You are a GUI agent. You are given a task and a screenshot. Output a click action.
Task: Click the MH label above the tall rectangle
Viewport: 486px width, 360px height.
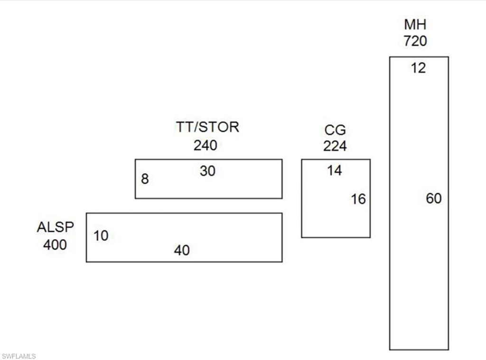pos(415,25)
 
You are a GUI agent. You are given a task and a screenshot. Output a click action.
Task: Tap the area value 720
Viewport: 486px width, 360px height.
pos(415,41)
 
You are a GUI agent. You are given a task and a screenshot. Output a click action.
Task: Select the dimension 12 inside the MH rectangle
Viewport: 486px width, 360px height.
pos(418,68)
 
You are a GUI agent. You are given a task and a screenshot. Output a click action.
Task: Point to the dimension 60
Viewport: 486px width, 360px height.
pos(434,198)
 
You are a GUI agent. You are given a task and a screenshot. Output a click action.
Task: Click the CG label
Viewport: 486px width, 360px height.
pos(335,130)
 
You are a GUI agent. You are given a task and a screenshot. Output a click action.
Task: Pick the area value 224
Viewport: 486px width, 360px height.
pos(335,146)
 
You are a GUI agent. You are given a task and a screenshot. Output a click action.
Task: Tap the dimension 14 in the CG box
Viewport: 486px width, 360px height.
pos(335,170)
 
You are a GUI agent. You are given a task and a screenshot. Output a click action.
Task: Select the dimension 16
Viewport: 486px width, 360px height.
pos(358,199)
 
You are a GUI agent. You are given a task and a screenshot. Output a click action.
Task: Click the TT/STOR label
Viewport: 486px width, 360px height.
pos(207,127)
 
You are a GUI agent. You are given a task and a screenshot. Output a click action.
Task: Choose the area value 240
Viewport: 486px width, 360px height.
pos(205,145)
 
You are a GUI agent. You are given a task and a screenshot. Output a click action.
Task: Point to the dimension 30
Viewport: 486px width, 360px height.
pos(207,171)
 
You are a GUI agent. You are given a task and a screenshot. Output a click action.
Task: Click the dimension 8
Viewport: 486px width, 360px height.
pos(145,179)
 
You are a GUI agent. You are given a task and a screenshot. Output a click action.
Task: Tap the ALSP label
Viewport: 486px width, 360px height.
pos(56,227)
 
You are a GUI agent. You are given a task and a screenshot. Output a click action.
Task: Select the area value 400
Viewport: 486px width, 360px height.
pos(55,245)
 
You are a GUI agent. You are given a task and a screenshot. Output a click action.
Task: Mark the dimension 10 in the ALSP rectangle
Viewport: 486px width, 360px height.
pos(101,236)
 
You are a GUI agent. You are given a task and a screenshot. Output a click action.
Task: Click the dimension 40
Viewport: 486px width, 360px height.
pos(182,250)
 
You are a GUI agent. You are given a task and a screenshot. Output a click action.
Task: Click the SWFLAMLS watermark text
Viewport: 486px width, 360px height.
pos(19,356)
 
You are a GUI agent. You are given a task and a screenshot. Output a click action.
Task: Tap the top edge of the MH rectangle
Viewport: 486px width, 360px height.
pos(419,57)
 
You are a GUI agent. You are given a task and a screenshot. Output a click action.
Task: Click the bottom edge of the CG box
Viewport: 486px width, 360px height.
pos(336,237)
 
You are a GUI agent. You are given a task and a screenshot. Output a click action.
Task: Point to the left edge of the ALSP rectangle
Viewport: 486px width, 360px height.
pos(86,237)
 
